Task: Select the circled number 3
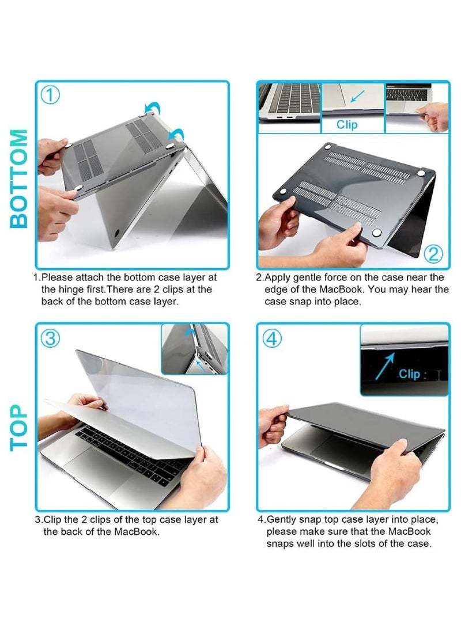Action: click(x=51, y=338)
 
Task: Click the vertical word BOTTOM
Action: click(x=19, y=178)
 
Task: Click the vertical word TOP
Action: click(x=19, y=427)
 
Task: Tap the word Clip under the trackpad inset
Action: click(x=347, y=124)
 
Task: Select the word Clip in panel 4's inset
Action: click(x=410, y=374)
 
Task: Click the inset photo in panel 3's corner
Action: click(x=194, y=349)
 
